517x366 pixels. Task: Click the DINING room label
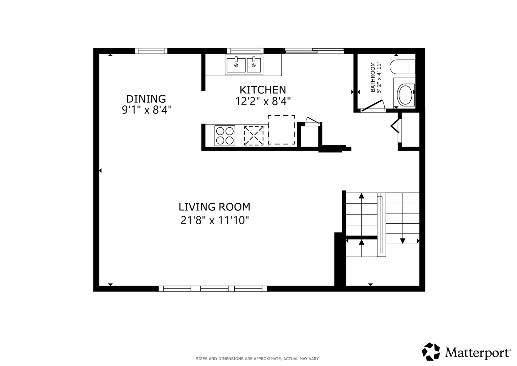click(x=146, y=99)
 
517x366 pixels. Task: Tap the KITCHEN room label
click(x=263, y=90)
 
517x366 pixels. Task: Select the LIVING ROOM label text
click(x=214, y=207)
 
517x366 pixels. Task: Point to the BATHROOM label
click(x=373, y=77)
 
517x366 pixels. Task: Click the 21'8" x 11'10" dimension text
click(x=215, y=221)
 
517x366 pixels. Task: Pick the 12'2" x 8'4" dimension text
click(x=263, y=101)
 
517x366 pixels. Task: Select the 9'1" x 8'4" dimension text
click(x=147, y=110)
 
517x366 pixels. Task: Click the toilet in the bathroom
click(x=402, y=67)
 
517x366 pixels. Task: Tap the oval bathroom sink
click(x=405, y=95)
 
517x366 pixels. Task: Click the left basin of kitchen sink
click(x=236, y=65)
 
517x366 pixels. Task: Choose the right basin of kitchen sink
click(x=254, y=65)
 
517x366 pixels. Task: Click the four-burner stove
click(x=225, y=136)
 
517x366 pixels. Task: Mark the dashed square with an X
click(x=254, y=136)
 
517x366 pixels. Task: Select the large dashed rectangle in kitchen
click(x=281, y=129)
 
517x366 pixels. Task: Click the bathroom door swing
click(x=374, y=106)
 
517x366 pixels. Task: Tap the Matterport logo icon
click(x=431, y=351)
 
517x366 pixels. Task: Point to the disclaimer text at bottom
click(x=257, y=359)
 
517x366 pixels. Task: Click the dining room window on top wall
click(x=151, y=51)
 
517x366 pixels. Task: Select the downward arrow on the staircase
click(x=402, y=241)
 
